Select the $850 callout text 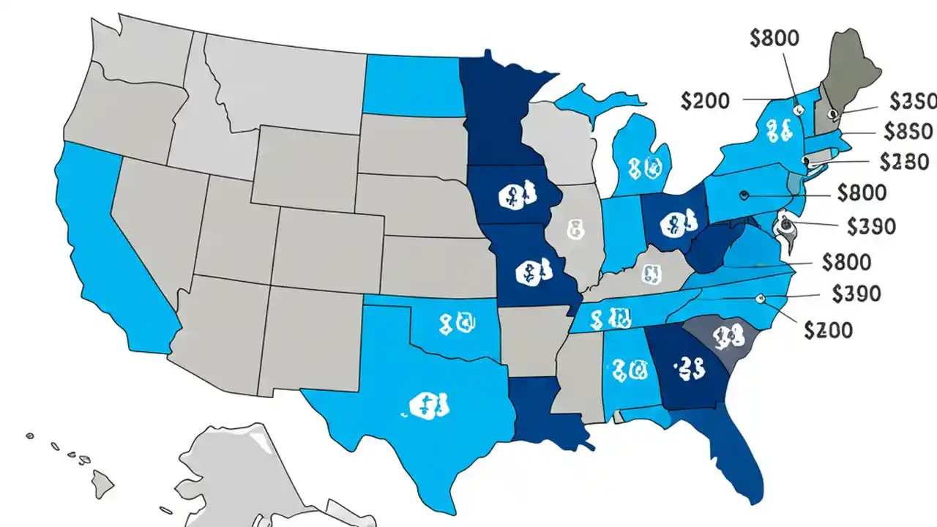[x=908, y=131]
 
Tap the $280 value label [x=904, y=161]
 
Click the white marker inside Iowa [x=516, y=197]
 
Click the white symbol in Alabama [x=630, y=370]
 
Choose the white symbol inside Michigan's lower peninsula [x=643, y=168]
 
